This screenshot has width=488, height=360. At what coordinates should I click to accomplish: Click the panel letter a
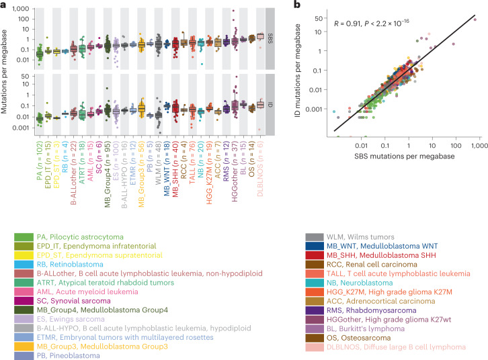3,5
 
